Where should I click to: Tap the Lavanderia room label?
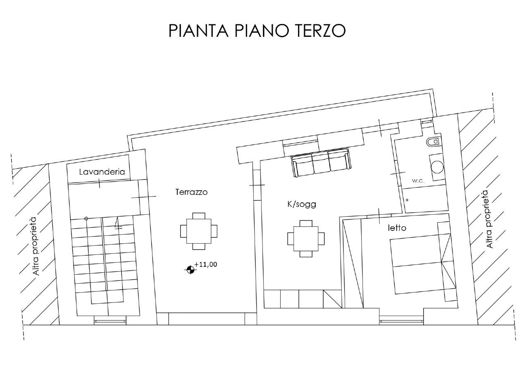click(102, 172)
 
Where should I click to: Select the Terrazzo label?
click(191, 192)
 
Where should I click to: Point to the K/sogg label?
click(302, 204)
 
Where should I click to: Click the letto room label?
click(397, 228)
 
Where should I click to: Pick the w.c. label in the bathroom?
click(418, 181)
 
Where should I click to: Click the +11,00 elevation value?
click(205, 264)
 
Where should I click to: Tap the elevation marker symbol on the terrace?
click(190, 269)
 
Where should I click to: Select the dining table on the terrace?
click(199, 231)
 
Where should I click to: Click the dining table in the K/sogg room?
click(306, 239)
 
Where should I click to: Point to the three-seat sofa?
click(321, 163)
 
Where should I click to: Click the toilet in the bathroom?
click(434, 142)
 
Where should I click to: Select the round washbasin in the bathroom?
click(437, 167)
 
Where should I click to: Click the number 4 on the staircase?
click(118, 223)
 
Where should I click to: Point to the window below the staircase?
click(110, 321)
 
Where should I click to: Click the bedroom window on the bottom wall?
click(401, 321)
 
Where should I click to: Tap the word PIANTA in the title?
click(199, 30)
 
